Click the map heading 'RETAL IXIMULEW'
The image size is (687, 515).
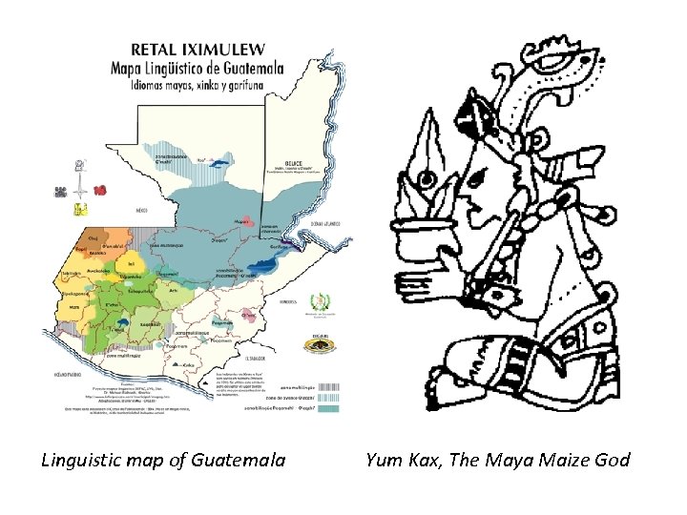[198, 49]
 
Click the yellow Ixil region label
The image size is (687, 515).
[131, 265]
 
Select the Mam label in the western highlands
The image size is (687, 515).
[75, 307]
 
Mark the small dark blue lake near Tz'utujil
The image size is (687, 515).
[126, 325]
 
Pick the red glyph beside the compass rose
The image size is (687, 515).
[100, 190]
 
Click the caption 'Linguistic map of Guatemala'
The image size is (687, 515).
[163, 461]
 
